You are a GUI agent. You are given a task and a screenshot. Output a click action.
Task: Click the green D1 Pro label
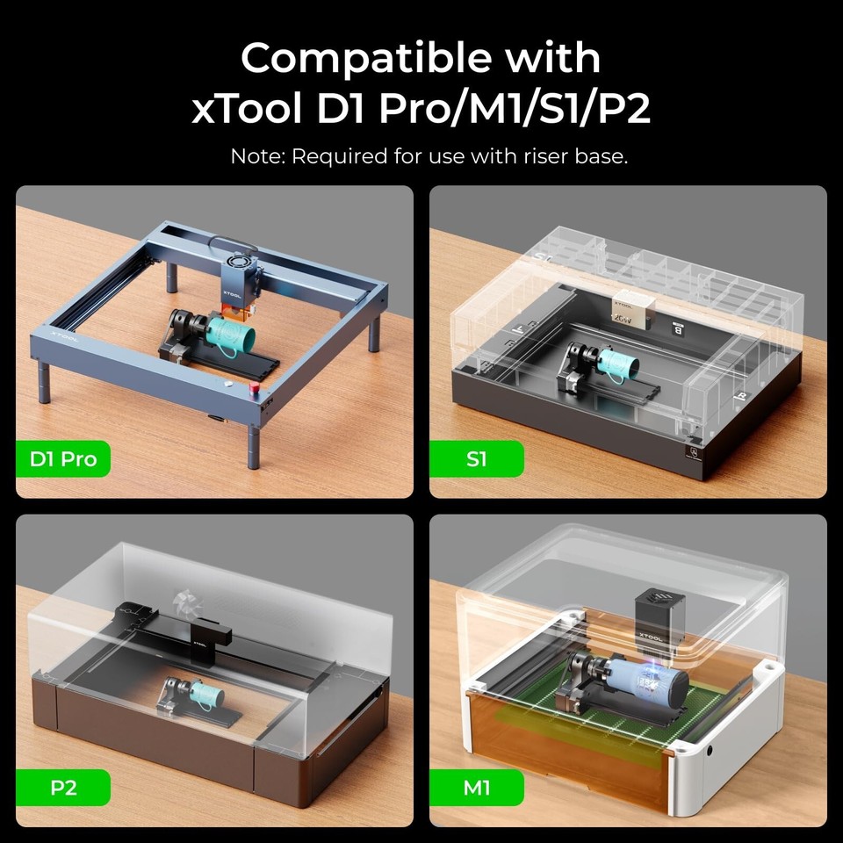(63, 458)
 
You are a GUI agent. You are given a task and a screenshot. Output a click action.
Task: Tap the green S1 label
(476, 458)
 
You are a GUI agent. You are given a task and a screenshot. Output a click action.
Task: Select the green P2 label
(63, 787)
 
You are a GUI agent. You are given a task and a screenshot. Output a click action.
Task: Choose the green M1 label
(476, 787)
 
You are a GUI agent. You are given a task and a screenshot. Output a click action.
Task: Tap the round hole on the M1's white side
(710, 753)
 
